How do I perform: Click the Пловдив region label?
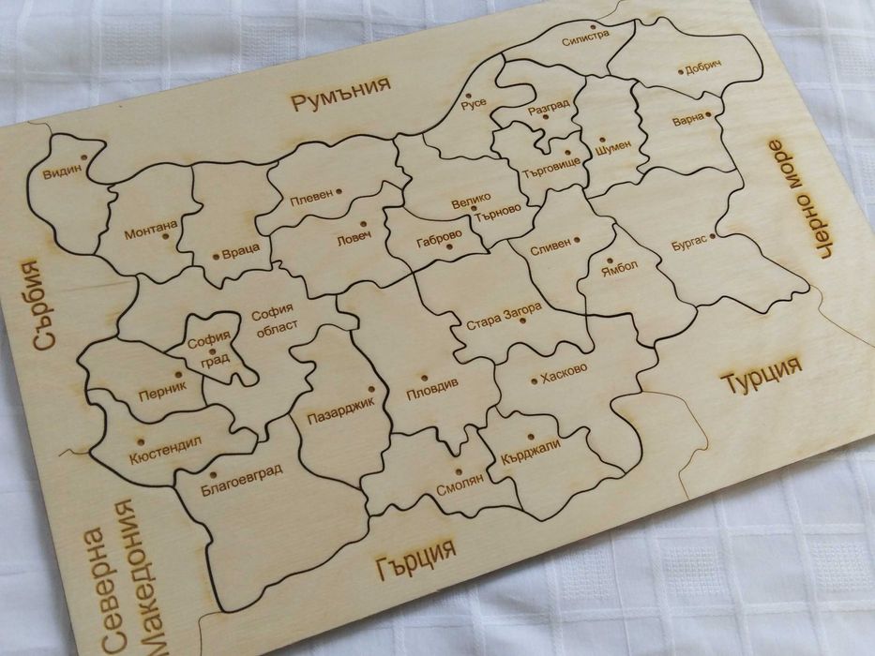431,385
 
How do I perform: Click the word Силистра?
585,37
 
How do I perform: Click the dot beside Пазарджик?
370,387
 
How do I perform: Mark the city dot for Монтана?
165,236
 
